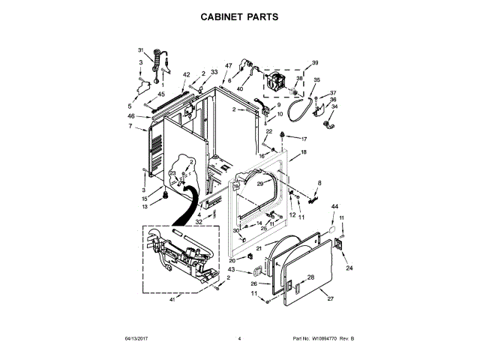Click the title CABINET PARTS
point(239,15)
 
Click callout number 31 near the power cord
point(140,50)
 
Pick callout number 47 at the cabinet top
point(229,66)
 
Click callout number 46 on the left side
point(130,116)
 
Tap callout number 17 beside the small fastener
point(304,139)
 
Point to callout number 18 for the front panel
point(304,152)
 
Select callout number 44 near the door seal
point(334,206)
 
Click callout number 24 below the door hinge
point(349,268)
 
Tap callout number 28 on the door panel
point(310,277)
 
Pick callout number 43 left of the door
point(231,269)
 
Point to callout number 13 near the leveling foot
point(145,206)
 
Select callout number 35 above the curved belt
point(316,80)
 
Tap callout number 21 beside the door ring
point(258,248)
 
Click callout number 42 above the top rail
point(186,75)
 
